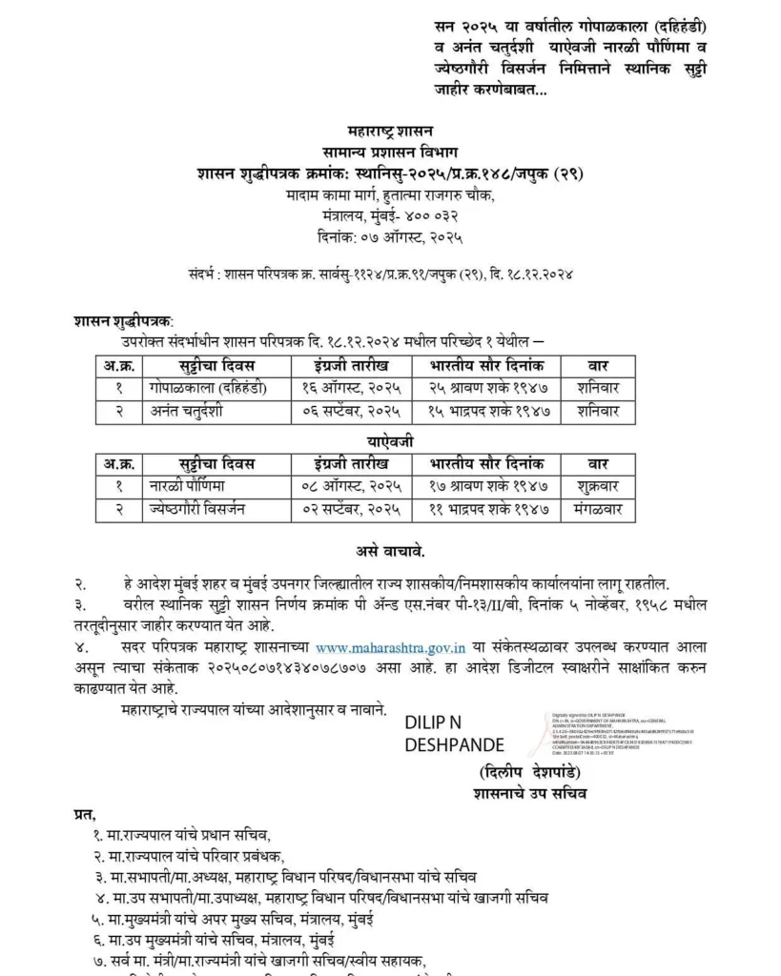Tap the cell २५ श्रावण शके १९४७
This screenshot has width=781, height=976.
(x=486, y=387)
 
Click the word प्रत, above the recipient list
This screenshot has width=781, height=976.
(x=85, y=814)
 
